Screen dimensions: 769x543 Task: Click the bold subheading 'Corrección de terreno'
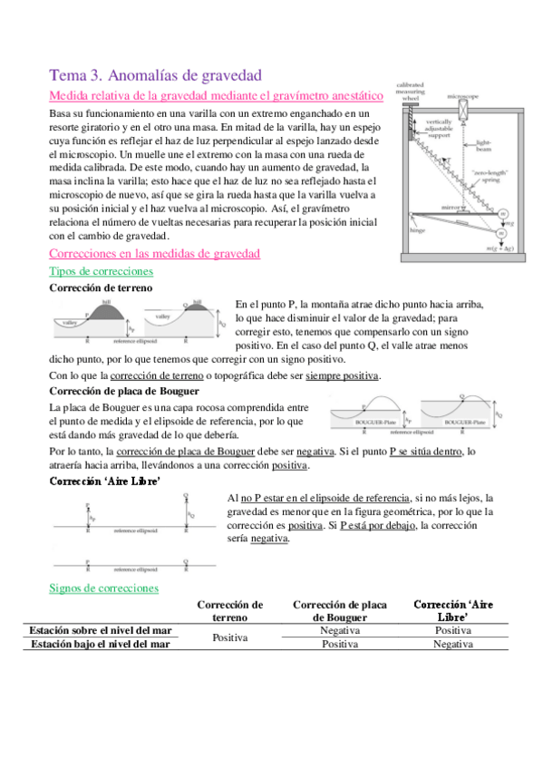(x=100, y=287)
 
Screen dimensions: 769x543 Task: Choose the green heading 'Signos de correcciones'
(x=103, y=589)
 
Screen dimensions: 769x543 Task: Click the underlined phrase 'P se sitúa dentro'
(x=426, y=451)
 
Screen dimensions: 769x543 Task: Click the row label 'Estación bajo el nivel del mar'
(x=101, y=645)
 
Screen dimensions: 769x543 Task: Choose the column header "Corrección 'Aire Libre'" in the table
(x=452, y=610)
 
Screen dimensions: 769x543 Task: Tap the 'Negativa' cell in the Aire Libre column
(x=452, y=644)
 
